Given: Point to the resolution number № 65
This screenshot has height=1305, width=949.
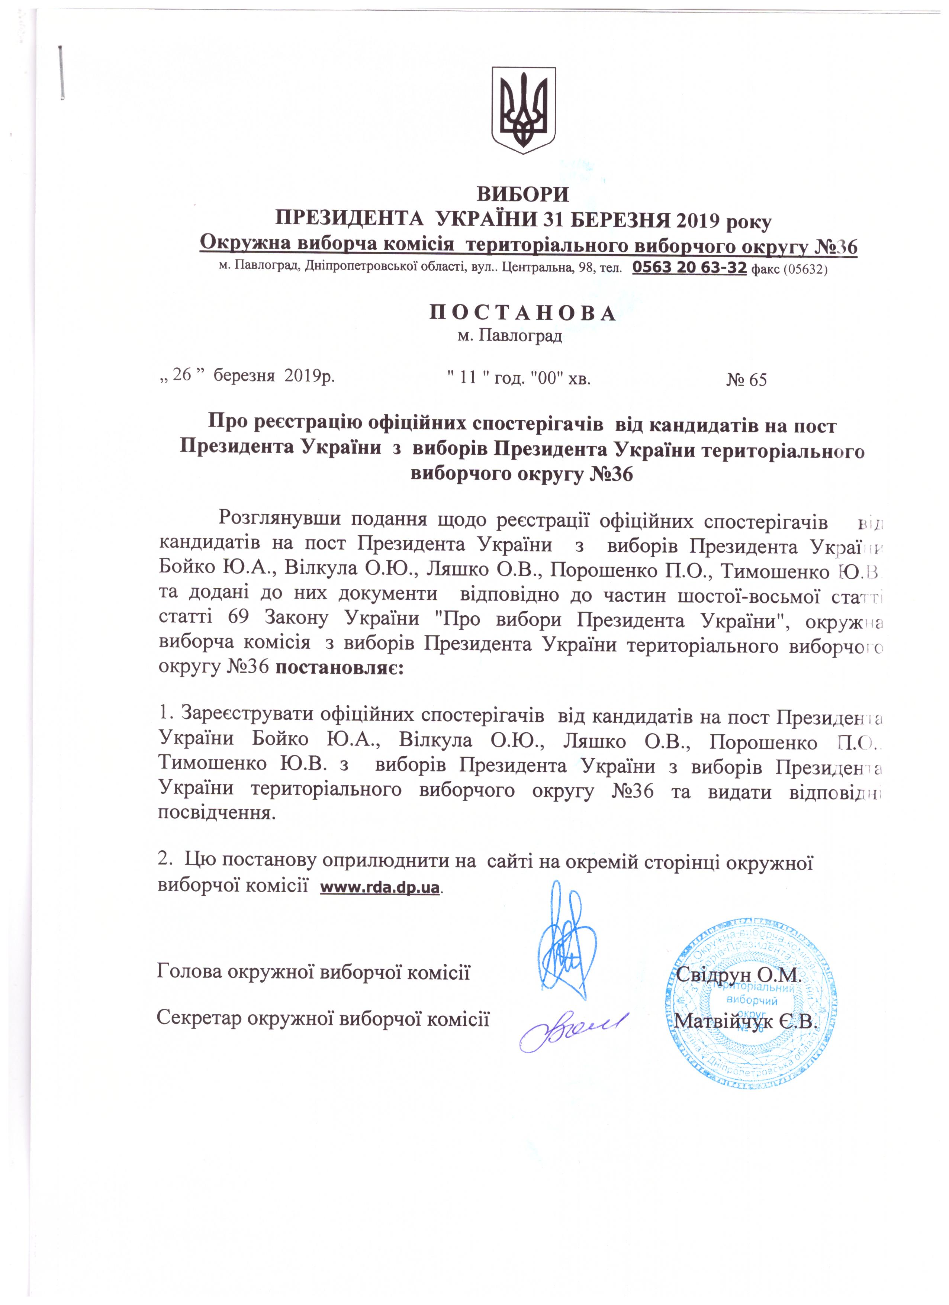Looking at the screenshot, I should (x=746, y=380).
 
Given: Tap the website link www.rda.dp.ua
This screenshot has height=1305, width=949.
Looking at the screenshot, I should (x=380, y=887).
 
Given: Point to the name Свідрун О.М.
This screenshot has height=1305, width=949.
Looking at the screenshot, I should (x=739, y=975).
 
